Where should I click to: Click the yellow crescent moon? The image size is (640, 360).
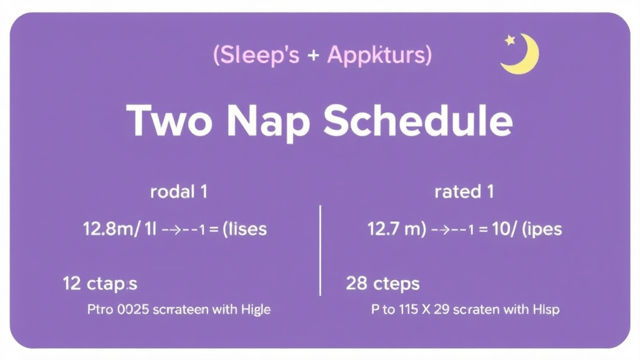pyautogui.click(x=522, y=55)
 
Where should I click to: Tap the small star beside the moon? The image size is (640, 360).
pyautogui.click(x=510, y=40)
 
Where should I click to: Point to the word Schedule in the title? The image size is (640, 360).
pyautogui.click(x=417, y=121)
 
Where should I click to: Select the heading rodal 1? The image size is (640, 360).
pyautogui.click(x=179, y=192)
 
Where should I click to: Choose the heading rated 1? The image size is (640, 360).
pyautogui.click(x=464, y=192)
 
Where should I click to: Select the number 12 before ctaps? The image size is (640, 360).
pyautogui.click(x=71, y=284)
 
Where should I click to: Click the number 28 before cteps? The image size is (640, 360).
pyautogui.click(x=356, y=284)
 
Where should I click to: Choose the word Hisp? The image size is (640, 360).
pyautogui.click(x=546, y=309)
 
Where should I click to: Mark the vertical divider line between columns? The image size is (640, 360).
pyautogui.click(x=320, y=250)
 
